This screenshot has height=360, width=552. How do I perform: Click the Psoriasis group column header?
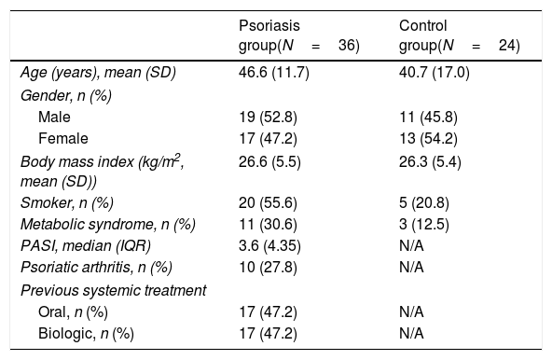point(299,35)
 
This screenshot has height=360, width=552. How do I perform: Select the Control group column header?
point(459,35)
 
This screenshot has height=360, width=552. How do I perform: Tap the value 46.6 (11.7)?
point(274,73)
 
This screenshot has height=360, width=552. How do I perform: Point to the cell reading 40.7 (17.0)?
point(435,73)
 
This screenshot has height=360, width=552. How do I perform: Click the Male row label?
point(54,117)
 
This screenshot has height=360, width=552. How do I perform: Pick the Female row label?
point(63,138)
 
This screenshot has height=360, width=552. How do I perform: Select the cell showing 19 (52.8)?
point(268,117)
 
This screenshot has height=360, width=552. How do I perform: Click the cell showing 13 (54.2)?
point(428,138)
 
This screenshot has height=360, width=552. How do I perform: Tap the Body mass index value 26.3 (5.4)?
point(430,162)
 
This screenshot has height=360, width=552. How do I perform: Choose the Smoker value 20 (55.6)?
point(268,203)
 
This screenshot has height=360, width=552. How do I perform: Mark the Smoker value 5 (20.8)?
point(424,203)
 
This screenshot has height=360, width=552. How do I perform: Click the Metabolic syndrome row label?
point(108,225)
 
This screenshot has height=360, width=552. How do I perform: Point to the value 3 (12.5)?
point(424,225)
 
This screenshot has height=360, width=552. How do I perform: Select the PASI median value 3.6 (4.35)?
point(269,246)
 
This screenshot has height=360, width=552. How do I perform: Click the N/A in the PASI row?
point(411,246)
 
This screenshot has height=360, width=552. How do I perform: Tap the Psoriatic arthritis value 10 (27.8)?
point(268,268)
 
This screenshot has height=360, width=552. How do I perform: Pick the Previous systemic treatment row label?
point(114,291)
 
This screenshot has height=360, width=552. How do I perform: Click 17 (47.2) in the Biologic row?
point(268,334)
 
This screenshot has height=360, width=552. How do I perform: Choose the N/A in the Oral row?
point(411,312)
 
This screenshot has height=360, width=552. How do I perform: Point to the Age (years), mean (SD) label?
point(98,73)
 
